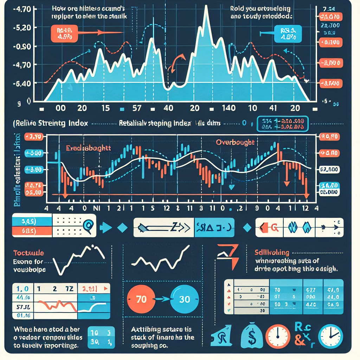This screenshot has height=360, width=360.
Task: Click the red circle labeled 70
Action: [141, 300]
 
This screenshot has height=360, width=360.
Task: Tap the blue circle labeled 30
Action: [184, 300]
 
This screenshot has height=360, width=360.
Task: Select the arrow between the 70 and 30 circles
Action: [162, 300]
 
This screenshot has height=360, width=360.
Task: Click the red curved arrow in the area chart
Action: [176, 63]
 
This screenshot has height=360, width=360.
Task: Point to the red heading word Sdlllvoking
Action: [272, 252]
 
